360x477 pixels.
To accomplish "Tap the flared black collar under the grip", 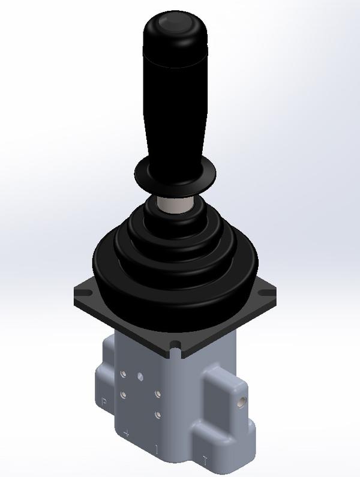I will coord(175,175).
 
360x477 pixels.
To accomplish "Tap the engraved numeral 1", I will coord(157,448).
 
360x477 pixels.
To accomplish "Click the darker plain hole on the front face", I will coord(140,377).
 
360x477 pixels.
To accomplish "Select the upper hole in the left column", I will coord(123,374).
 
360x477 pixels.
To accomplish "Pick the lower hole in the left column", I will coord(123,394).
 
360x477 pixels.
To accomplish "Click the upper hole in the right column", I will coord(157,394).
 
